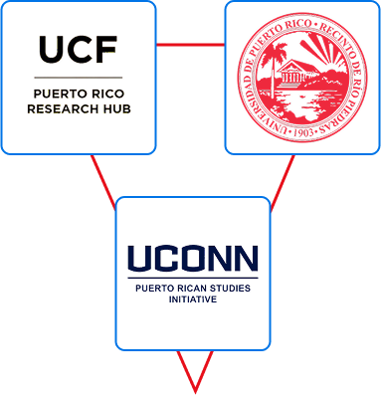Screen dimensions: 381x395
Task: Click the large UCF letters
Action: tap(78, 49)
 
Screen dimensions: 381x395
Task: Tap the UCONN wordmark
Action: tap(193, 259)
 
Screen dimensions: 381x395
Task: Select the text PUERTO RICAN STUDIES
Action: tap(193, 288)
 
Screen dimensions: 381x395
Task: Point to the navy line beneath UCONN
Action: tap(193, 278)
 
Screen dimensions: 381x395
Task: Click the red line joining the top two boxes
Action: tap(190, 45)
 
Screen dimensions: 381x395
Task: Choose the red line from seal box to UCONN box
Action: tap(283, 179)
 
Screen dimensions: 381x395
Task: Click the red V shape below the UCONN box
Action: tap(194, 373)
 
